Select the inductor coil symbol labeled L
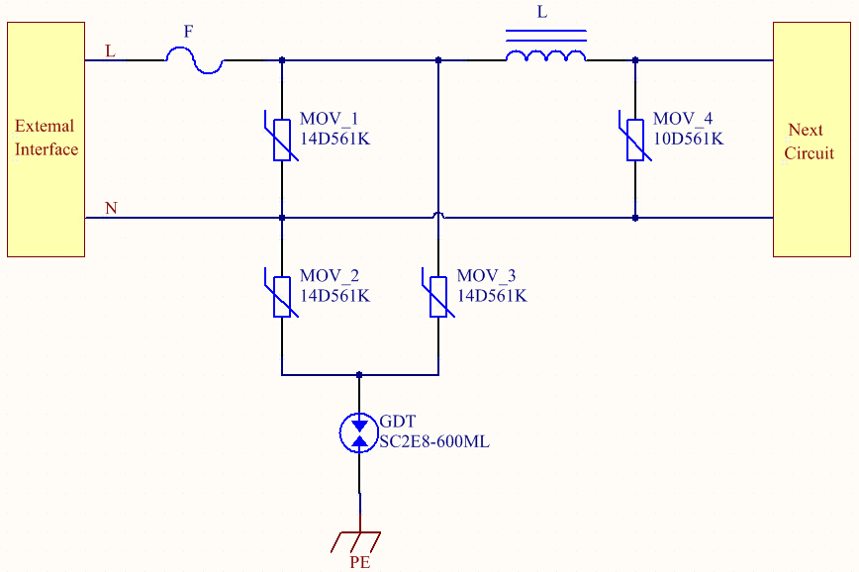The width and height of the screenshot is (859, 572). coord(545,56)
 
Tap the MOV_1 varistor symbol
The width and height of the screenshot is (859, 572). coord(282,139)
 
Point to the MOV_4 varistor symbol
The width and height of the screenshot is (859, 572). coord(634,139)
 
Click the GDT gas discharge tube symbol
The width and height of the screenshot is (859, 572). coord(359,432)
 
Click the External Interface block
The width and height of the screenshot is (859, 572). coord(46,139)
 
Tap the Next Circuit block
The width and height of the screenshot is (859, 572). coord(811,139)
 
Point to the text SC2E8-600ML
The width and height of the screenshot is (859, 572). coord(434,442)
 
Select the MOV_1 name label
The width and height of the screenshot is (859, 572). coord(329,120)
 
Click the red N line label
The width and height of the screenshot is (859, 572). coord(111,208)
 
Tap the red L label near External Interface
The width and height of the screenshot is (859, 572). coord(110,51)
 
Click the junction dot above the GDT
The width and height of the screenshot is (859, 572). coord(359,375)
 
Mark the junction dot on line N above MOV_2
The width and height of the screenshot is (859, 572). coord(282,218)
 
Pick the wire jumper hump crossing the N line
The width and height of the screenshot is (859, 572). coord(438,214)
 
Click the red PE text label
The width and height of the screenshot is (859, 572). coord(360,563)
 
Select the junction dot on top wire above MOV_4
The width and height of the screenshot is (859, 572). coord(634,60)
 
